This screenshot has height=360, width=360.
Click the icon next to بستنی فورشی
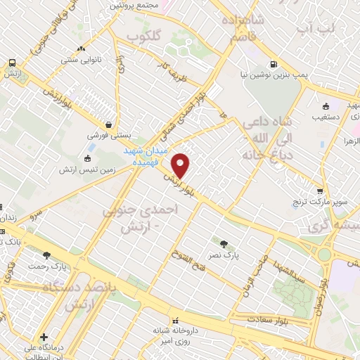[105, 124]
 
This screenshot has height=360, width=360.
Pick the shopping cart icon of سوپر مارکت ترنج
[320, 191]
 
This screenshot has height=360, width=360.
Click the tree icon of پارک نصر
[224, 243]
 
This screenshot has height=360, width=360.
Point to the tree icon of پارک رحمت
[47, 255]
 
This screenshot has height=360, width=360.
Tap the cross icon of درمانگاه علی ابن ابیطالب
[44, 337]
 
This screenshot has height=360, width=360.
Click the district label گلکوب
[144, 34]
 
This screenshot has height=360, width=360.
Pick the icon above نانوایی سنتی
[82, 49]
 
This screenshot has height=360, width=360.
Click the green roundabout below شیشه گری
[325, 255]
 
